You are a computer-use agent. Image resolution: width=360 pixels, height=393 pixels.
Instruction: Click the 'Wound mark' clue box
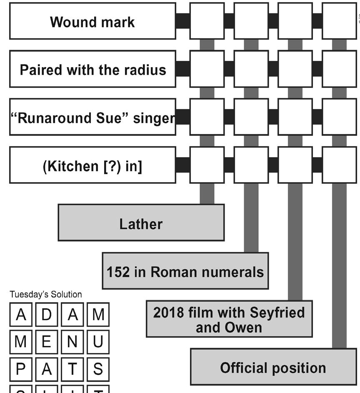click(92, 21)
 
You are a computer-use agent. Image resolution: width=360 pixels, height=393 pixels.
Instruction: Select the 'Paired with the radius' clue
click(92, 69)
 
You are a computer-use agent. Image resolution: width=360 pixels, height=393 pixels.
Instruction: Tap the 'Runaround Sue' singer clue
click(92, 118)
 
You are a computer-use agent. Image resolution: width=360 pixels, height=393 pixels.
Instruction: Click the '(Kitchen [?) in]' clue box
click(92, 165)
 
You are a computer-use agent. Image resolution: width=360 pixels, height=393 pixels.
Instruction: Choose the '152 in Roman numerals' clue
click(185, 271)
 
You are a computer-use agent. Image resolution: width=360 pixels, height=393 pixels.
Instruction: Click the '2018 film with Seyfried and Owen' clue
click(229, 319)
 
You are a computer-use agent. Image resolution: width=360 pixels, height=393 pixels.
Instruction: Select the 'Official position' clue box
click(273, 367)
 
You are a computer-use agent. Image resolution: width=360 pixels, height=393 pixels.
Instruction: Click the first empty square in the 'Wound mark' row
click(207, 21)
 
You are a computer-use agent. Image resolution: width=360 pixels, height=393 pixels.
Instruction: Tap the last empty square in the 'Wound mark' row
click(339, 21)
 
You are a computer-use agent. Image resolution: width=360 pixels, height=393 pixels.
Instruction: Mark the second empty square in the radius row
click(251, 69)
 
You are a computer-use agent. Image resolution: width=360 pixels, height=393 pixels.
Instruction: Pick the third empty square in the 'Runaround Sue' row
click(295, 118)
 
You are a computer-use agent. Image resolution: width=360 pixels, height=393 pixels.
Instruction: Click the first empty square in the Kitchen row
click(207, 165)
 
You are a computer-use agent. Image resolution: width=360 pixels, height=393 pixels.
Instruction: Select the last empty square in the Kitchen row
click(339, 165)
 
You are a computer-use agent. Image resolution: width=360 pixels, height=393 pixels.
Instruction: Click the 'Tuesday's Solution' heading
click(46, 294)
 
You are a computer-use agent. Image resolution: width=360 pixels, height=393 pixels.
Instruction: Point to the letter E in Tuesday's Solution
click(47, 342)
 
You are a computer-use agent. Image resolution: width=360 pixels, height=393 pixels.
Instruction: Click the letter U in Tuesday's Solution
click(98, 342)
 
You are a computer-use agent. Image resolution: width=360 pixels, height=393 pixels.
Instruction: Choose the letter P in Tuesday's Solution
click(21, 369)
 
